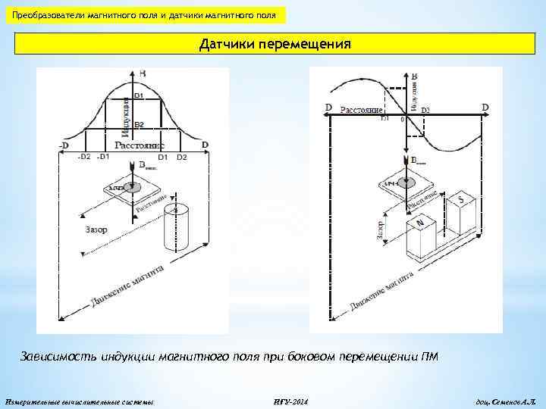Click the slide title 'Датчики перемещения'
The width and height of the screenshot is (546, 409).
pyautogui.click(x=275, y=44)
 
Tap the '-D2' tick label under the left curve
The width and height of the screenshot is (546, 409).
pyautogui.click(x=84, y=157)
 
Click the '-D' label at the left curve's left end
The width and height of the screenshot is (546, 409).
pyautogui.click(x=63, y=145)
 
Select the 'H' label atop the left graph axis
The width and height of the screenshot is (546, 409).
pyautogui.click(x=142, y=73)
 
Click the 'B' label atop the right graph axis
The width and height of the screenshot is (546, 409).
pyautogui.click(x=414, y=76)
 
